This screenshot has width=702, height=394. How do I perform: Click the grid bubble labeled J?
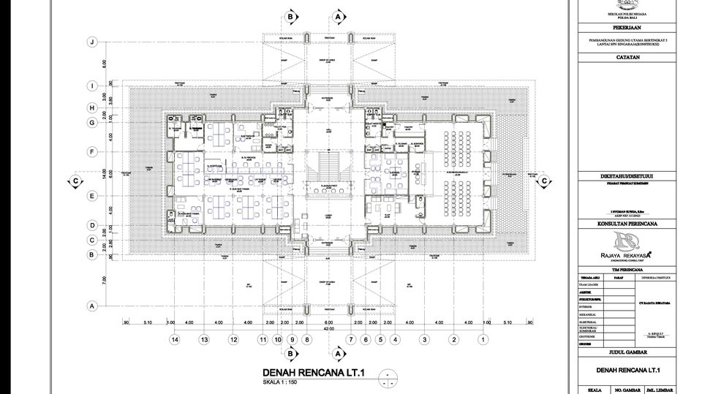point(92,42)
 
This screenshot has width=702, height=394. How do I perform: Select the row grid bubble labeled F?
point(92,152)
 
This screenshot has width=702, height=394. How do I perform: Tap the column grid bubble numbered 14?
point(174,339)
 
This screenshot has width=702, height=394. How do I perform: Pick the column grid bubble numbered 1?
point(483,339)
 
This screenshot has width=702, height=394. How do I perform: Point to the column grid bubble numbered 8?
point(306,339)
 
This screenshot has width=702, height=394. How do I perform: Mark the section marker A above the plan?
point(338,15)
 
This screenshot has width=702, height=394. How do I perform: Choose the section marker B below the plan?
point(291,355)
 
